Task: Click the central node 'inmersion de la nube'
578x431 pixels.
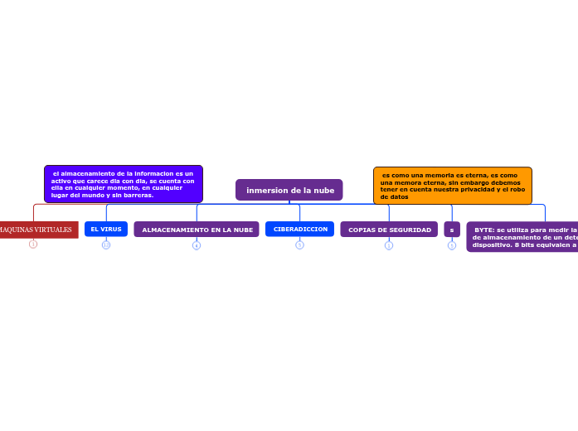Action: click(289, 190)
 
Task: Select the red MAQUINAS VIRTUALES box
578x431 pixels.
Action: click(37, 230)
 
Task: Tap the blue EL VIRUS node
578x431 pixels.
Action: click(106, 229)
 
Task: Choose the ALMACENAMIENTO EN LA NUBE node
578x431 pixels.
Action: click(197, 230)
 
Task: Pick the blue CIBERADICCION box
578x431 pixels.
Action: click(299, 229)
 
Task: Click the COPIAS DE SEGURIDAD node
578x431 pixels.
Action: click(389, 230)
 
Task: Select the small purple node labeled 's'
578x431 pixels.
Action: click(452, 230)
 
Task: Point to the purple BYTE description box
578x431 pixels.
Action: click(523, 236)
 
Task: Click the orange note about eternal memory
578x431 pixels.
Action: click(452, 186)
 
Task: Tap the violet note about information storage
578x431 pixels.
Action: click(123, 184)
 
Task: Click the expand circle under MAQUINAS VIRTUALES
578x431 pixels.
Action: click(33, 245)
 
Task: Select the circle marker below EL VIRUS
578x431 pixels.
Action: click(106, 245)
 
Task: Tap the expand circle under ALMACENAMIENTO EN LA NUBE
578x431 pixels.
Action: click(197, 245)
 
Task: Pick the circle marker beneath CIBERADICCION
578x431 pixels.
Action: click(299, 245)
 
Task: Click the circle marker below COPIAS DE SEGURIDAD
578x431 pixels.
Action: click(389, 245)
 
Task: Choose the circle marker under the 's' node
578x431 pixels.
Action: click(452, 245)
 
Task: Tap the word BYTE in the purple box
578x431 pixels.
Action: click(484, 230)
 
